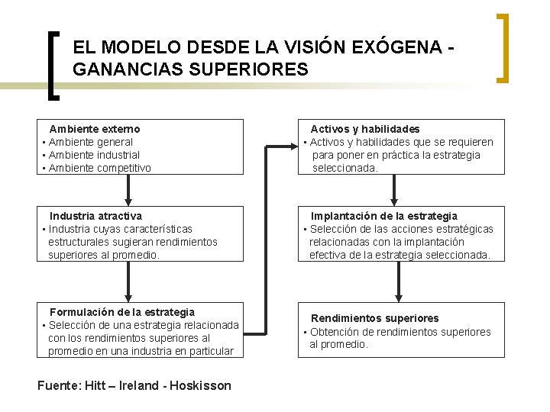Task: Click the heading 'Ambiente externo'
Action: coord(95,129)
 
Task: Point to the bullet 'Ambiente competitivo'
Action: coord(99,168)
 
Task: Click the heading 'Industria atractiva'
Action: coord(95,216)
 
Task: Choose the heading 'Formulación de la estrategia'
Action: coord(122,312)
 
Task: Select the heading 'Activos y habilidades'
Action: coord(364,129)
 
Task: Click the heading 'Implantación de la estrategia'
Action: coord(383,216)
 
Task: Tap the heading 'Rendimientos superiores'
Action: coord(374,318)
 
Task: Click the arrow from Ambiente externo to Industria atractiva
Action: coord(128,189)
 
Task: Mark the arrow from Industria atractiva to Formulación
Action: coord(128,282)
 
